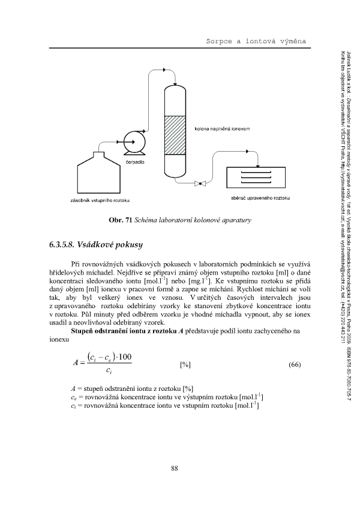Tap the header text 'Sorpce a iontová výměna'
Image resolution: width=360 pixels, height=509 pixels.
[x=256, y=40]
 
